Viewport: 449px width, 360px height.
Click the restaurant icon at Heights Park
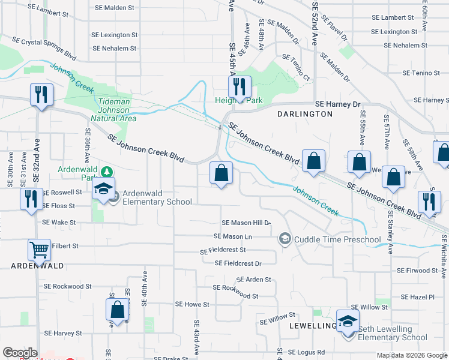coord(240,86)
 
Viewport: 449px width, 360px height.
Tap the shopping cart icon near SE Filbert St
coord(39,249)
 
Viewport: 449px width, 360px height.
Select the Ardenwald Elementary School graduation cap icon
coord(104,190)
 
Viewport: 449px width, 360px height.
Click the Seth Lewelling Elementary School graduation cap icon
coord(348,321)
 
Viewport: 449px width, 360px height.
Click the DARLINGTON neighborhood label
coord(304,113)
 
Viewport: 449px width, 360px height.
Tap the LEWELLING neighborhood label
coord(312,326)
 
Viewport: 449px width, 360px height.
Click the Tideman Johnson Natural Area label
coord(115,110)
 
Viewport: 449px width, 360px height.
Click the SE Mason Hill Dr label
coord(247,223)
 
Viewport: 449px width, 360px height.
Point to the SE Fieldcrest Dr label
coord(238,263)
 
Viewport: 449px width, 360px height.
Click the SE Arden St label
coord(254,280)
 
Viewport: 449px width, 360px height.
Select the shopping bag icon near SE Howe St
coord(118,309)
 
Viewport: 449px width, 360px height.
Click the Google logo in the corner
coord(20,353)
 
